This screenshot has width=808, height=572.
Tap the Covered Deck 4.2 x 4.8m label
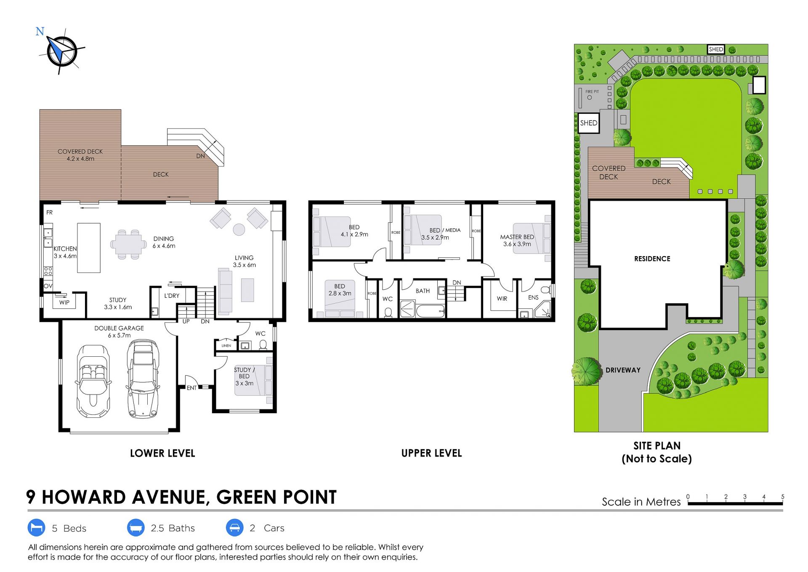(x=80, y=155)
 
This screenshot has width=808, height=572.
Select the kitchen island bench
(x=89, y=248)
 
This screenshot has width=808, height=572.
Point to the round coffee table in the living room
(x=239, y=229)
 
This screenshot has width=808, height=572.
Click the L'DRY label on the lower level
(x=172, y=296)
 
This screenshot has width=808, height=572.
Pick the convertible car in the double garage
(x=93, y=381)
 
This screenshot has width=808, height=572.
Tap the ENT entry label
(x=191, y=388)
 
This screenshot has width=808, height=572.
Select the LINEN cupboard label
(x=226, y=346)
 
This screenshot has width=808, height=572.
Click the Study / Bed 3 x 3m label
(x=245, y=377)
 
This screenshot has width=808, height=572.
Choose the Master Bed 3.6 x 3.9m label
(x=517, y=241)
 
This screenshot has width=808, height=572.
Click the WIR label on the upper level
(x=502, y=299)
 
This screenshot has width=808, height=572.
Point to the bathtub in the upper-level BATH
(x=431, y=311)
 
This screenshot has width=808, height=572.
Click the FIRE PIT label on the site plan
(x=592, y=91)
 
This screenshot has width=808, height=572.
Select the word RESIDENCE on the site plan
(x=652, y=259)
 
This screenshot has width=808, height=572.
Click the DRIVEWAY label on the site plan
(x=623, y=370)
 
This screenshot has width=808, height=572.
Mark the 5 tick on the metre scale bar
(x=783, y=500)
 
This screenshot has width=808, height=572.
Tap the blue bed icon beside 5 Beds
(x=36, y=528)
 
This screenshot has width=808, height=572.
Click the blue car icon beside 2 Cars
(x=235, y=528)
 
